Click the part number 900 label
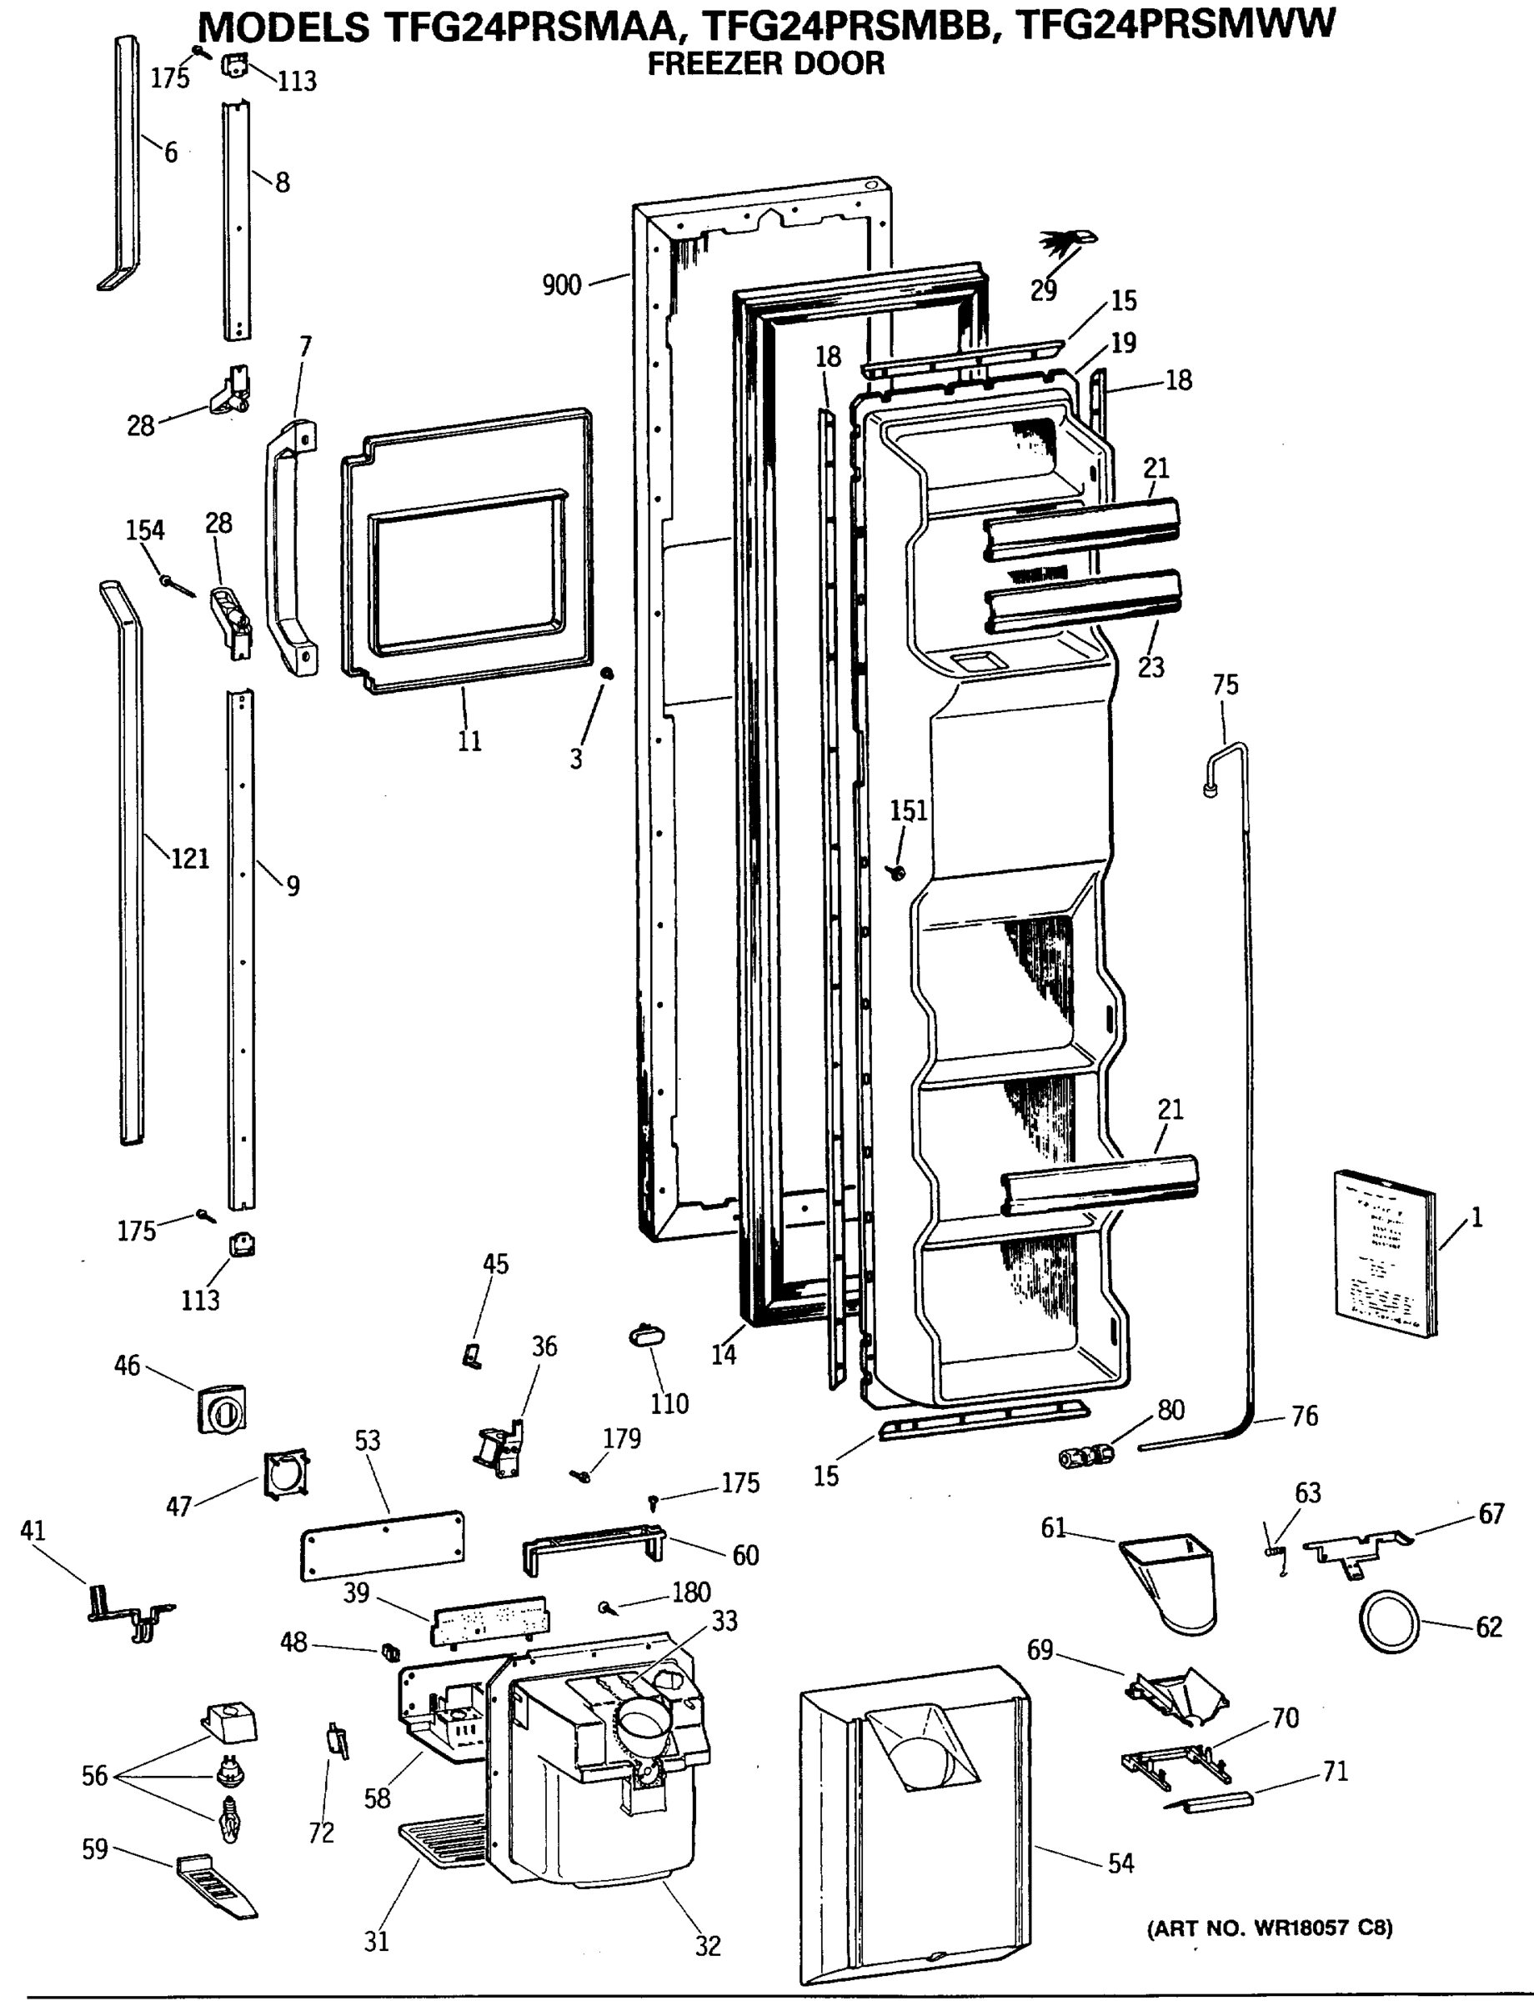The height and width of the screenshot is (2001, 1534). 560,285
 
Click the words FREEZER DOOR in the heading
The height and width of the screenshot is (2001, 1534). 765,64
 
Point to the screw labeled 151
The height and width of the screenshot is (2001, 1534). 898,873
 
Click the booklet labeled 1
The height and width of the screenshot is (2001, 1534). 1384,1252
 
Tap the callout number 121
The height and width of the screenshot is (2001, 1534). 190,859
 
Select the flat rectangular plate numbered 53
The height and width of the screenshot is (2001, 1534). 382,1544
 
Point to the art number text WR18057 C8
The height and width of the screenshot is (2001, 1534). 1269,1928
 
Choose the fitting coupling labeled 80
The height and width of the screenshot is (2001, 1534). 1086,1454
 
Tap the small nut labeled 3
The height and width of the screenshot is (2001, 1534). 606,673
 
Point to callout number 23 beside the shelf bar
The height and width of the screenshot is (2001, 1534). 1150,667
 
